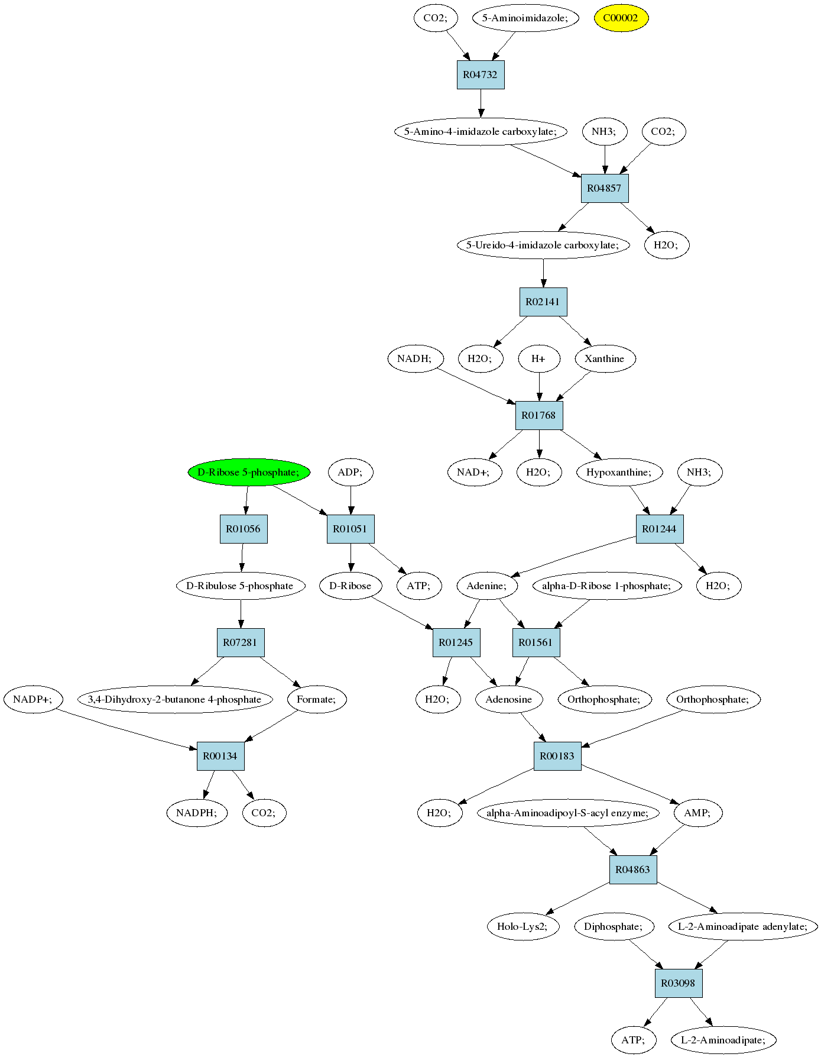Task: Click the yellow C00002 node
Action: tap(621, 18)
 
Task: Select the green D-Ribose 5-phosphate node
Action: tap(249, 472)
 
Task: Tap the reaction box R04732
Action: tap(481, 75)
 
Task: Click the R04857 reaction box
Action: tap(604, 188)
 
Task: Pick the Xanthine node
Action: tap(605, 358)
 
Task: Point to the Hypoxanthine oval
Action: tap(619, 472)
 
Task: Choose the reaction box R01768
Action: tap(538, 415)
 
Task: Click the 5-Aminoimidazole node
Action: tap(525, 18)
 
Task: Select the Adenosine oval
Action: tap(508, 699)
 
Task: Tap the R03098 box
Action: tap(678, 983)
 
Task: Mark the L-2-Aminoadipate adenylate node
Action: tap(742, 926)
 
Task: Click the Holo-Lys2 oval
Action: tap(522, 926)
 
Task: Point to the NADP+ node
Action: tap(33, 699)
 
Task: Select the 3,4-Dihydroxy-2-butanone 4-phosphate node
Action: tap(174, 699)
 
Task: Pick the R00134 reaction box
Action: tap(220, 756)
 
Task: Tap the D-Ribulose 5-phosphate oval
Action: tap(240, 586)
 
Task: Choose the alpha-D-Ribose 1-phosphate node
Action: tap(606, 586)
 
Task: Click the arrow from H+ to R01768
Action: tap(538, 387)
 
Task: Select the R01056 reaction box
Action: tap(244, 529)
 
